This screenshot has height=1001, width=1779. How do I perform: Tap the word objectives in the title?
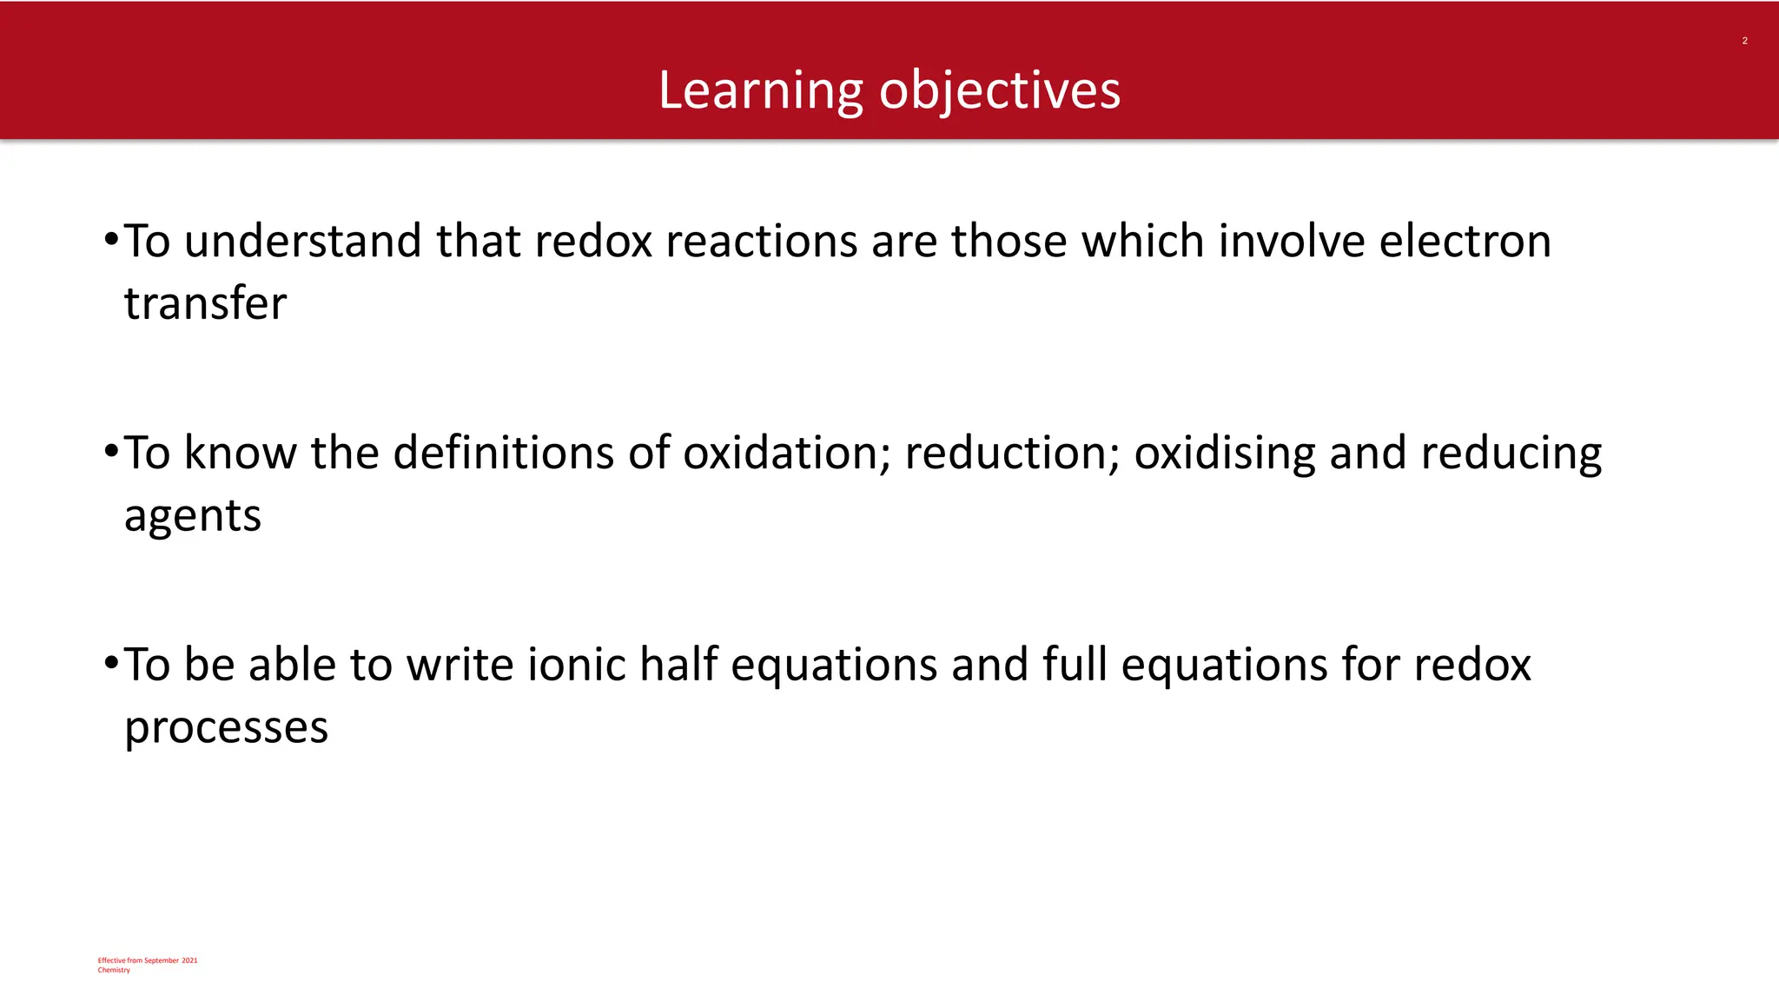pos(1000,90)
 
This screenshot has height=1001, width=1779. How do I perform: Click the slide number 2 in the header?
pos(1744,41)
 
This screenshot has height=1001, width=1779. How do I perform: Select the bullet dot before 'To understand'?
pos(110,238)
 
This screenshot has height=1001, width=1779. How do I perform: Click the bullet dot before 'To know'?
pos(110,451)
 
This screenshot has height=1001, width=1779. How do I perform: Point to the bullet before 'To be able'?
pos(110,663)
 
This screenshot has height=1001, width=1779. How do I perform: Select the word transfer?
pos(205,303)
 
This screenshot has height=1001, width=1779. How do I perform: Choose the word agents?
pos(192,517)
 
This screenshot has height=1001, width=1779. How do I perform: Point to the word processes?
pos(226,728)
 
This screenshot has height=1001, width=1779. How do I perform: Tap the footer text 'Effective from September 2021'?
pos(148,960)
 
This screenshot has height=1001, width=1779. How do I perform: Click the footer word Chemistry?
pos(114,970)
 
